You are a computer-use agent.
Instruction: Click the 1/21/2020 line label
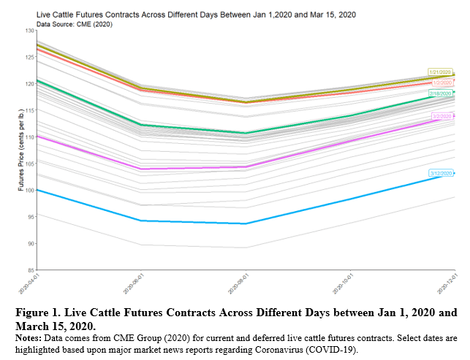[441, 72]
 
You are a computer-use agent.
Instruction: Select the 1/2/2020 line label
[441, 83]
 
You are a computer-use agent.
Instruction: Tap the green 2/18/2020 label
[441, 93]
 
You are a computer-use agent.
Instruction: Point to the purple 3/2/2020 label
[441, 116]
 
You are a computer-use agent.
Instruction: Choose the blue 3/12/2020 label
[441, 173]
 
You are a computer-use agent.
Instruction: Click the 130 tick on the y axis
[29, 31]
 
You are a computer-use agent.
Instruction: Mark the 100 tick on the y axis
[29, 190]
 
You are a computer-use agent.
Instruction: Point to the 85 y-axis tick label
[30, 270]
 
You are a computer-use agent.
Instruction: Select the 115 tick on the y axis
[29, 110]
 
